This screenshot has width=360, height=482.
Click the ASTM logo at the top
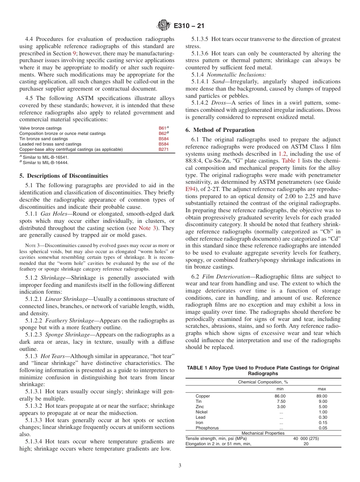point(164,26)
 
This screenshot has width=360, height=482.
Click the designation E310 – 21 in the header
point(188,26)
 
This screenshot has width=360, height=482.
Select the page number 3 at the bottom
point(180,465)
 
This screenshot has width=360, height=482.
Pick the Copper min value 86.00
point(280,396)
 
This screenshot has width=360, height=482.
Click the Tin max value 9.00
point(322,401)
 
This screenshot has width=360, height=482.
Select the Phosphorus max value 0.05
point(322,428)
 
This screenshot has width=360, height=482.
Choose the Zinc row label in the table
point(200,407)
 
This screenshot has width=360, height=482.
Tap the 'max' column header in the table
point(322,389)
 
